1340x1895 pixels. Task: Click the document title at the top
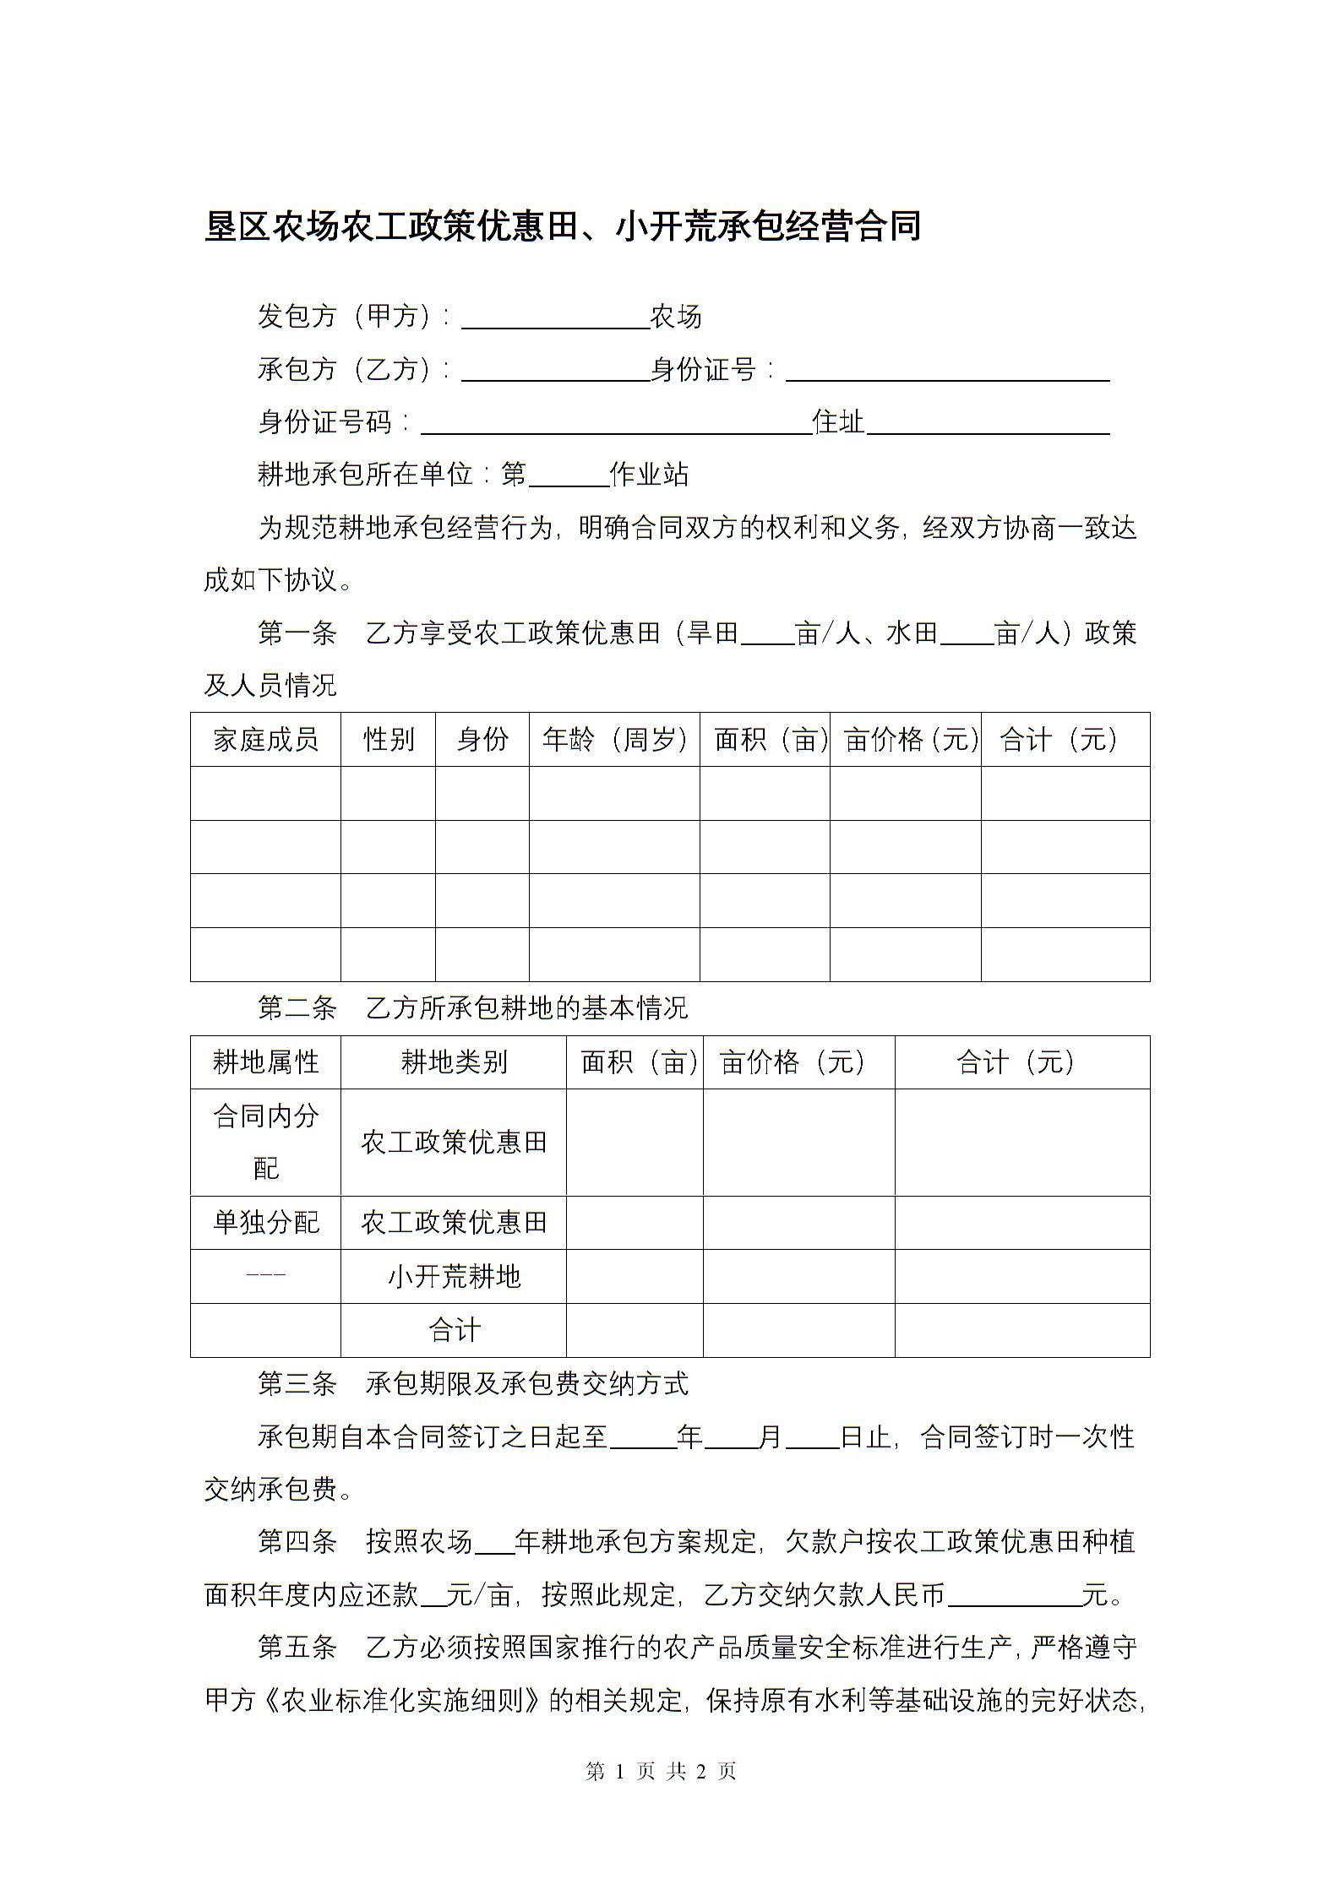coord(562,226)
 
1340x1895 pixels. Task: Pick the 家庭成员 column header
coord(265,740)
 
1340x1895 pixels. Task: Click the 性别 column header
coord(388,740)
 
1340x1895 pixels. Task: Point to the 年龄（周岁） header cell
coord(614,740)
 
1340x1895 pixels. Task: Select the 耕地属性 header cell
coord(265,1062)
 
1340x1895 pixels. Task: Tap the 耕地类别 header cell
coord(453,1062)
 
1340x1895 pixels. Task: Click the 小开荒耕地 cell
coord(453,1276)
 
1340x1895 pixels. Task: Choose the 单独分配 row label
coord(265,1222)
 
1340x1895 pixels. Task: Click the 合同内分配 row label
coord(265,1142)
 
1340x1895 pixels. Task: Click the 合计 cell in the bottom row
coord(453,1330)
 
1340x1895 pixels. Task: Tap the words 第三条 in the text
coord(297,1384)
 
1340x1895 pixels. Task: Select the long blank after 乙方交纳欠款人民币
coord(1014,1597)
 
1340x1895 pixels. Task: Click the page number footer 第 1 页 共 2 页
coord(661,1771)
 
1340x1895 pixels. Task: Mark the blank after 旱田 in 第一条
coord(767,635)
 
